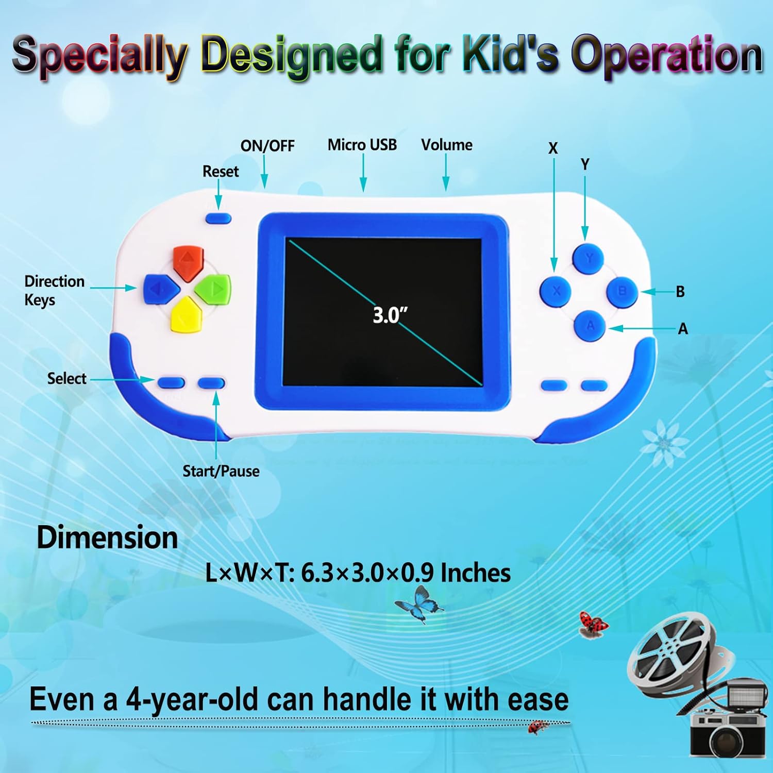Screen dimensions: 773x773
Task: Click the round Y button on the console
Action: [x=588, y=258]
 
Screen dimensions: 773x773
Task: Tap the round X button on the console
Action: [x=556, y=291]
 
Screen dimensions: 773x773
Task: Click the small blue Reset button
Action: [x=219, y=218]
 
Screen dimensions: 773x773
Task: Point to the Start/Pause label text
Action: [x=221, y=471]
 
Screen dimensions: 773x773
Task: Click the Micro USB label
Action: [x=362, y=145]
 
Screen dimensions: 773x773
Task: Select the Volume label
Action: [x=447, y=145]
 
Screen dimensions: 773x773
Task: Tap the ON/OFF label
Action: [x=267, y=146]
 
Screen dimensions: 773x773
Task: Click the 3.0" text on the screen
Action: [x=390, y=315]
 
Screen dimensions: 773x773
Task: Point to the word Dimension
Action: [x=107, y=537]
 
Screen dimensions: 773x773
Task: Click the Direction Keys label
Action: [x=55, y=291]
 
